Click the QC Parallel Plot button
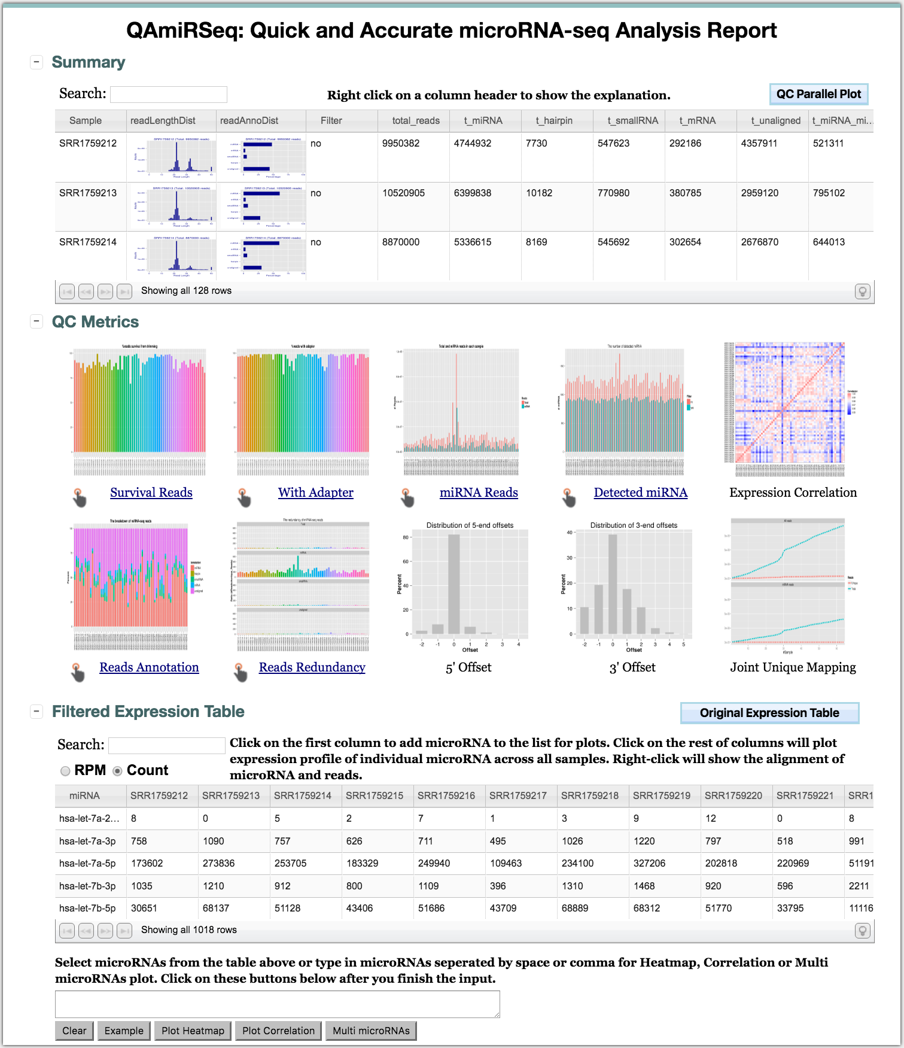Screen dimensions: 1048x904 coord(818,94)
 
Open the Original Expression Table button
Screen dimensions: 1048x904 coord(769,713)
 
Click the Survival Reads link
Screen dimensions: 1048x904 coord(151,493)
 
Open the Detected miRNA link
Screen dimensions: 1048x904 coord(640,493)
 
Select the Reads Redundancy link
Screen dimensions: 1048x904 coord(312,667)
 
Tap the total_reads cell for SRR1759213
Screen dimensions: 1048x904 coord(403,193)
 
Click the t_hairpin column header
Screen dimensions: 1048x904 coord(554,121)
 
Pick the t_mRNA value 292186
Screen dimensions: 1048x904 coord(685,144)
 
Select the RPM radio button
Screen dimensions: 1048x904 coord(65,771)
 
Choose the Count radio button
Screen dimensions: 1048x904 coord(118,771)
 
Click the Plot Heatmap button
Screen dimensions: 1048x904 coord(193,1031)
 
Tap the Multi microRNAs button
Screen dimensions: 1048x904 coord(371,1031)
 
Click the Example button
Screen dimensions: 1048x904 coord(124,1031)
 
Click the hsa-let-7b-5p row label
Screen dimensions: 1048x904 coord(87,909)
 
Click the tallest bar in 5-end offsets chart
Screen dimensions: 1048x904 coord(453,584)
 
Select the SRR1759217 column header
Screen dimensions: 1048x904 coord(518,796)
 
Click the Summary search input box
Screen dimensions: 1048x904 coord(169,95)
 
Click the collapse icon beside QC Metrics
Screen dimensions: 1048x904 coord(36,321)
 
